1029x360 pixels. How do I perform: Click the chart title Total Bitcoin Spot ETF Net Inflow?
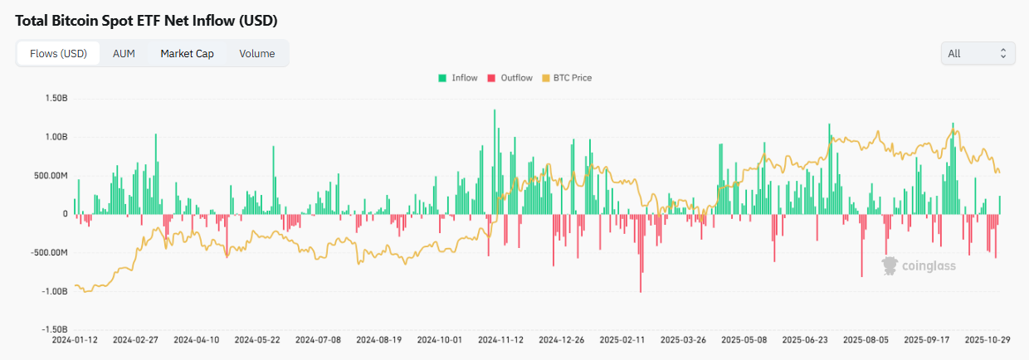(x=146, y=19)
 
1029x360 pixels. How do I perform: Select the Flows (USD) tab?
(x=58, y=53)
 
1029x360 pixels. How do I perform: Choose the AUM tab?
(x=124, y=53)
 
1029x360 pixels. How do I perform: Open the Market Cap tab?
(x=187, y=53)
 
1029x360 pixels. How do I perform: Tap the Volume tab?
(x=257, y=53)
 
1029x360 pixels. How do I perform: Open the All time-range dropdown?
(x=978, y=53)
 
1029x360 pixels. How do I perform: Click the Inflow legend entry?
(x=458, y=78)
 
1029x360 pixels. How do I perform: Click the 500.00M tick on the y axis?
(x=50, y=175)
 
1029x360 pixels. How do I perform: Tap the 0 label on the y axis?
(x=64, y=214)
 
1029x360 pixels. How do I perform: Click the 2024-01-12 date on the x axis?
(x=75, y=340)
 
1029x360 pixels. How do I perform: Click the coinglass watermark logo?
(x=919, y=265)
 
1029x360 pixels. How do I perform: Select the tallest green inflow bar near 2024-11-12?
(x=495, y=162)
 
